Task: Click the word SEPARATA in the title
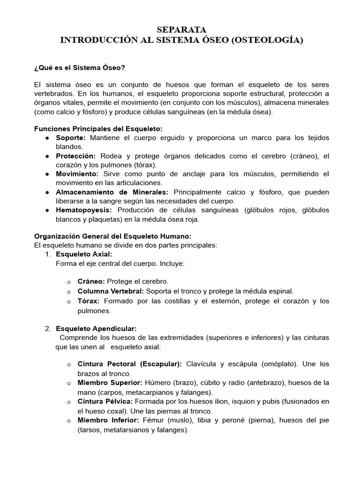tap(180, 30)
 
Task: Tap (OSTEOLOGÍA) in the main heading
tap(267, 41)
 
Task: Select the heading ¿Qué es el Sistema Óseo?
tap(79, 68)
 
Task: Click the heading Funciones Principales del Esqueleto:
tap(98, 129)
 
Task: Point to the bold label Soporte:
tap(71, 138)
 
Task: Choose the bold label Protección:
tap(75, 156)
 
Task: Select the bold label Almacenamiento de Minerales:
tap(112, 193)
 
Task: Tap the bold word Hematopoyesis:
tap(84, 210)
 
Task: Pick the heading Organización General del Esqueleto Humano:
tap(113, 236)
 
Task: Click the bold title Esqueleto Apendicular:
tap(96, 329)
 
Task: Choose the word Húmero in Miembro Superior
tap(158, 383)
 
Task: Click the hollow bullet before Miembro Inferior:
tap(68, 421)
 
